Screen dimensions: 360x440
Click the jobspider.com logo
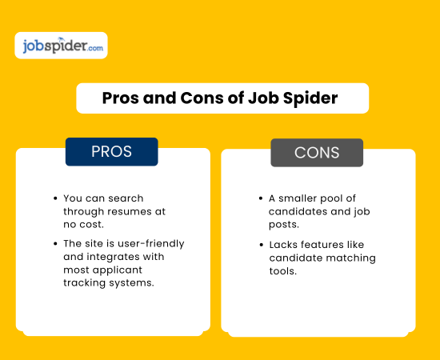click(x=61, y=46)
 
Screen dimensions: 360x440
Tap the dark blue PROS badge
click(x=111, y=151)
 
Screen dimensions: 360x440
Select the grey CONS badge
click(x=317, y=152)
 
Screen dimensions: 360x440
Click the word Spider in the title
click(x=309, y=98)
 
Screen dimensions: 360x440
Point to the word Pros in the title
click(x=123, y=98)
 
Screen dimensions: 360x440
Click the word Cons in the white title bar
click(x=194, y=98)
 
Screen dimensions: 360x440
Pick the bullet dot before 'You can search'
click(x=54, y=198)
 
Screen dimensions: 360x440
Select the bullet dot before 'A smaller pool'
click(x=260, y=198)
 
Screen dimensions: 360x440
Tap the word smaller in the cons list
click(x=304, y=198)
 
